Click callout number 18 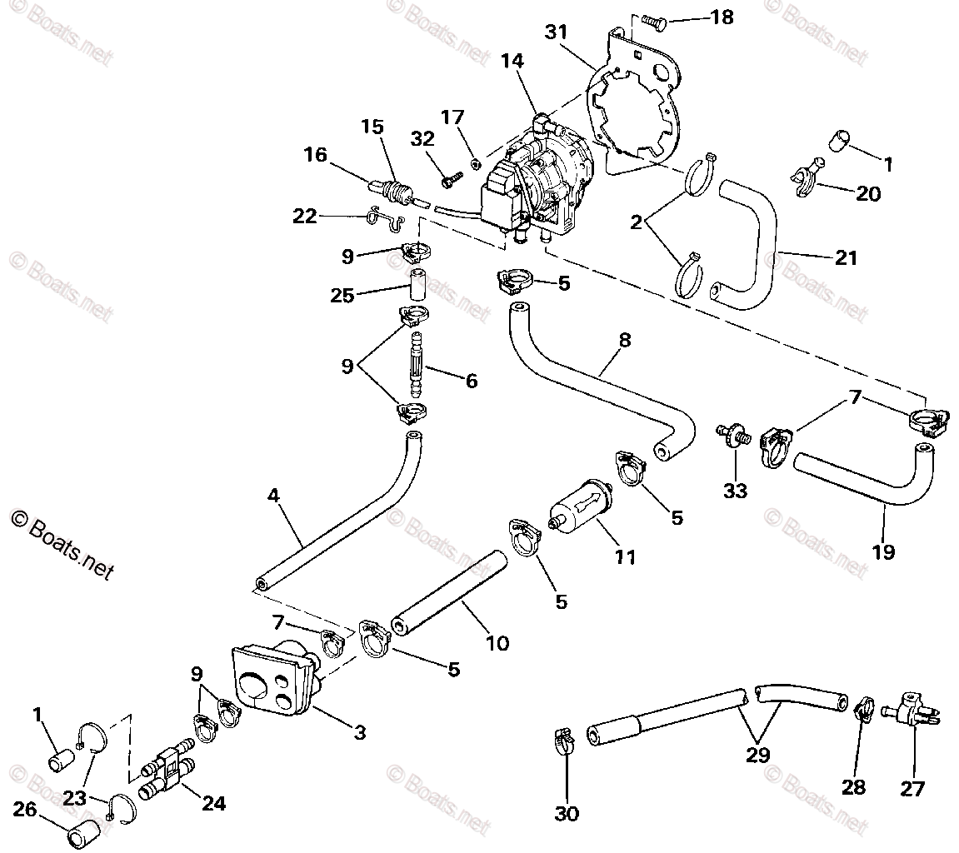(722, 16)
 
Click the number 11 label (625, 556)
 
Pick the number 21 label (846, 257)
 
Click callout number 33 (735, 491)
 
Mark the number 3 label (359, 732)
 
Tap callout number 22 (306, 216)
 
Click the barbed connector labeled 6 (416, 367)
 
